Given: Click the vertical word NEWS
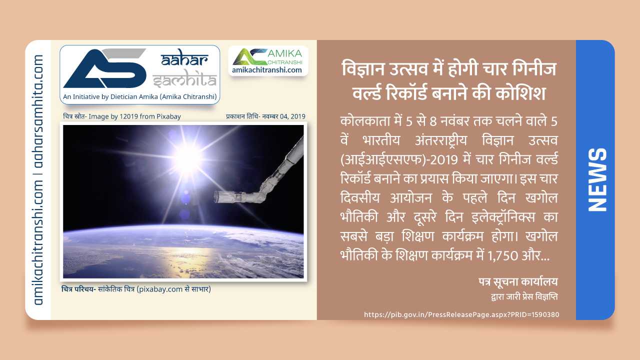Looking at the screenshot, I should pyautogui.click(x=596, y=179).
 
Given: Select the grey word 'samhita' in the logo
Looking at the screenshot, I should pyautogui.click(x=185, y=79).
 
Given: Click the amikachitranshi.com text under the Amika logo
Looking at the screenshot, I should pyautogui.click(x=267, y=70).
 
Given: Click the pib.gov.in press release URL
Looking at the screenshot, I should pyautogui.click(x=461, y=314).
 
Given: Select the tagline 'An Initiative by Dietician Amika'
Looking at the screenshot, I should pyautogui.click(x=140, y=96).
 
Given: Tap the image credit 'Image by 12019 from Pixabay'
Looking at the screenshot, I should pyautogui.click(x=135, y=116).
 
